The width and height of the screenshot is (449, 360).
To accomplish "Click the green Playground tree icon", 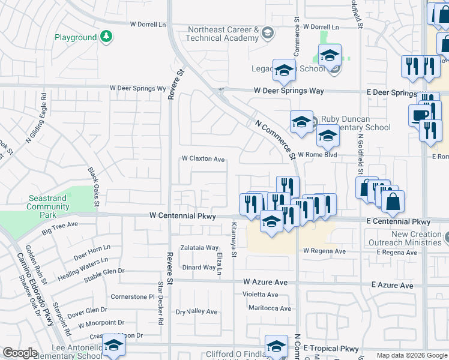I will [x=106, y=37].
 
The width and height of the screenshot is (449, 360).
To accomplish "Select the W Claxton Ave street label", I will [x=203, y=160].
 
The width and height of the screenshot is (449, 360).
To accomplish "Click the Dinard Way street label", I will [x=199, y=268].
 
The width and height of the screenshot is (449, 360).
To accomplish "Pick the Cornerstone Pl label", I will [x=133, y=296].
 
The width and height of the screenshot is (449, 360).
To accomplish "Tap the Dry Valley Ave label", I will [x=196, y=311].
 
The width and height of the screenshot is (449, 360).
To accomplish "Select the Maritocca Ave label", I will [x=270, y=308].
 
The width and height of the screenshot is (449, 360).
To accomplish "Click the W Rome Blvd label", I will [x=317, y=154].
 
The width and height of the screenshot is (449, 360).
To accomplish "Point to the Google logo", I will [x=20, y=353].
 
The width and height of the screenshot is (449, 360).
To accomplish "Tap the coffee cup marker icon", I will [x=419, y=115].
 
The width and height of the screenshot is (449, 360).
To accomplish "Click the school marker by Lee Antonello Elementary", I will [x=113, y=345].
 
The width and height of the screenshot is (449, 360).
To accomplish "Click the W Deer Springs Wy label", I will [x=137, y=88].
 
